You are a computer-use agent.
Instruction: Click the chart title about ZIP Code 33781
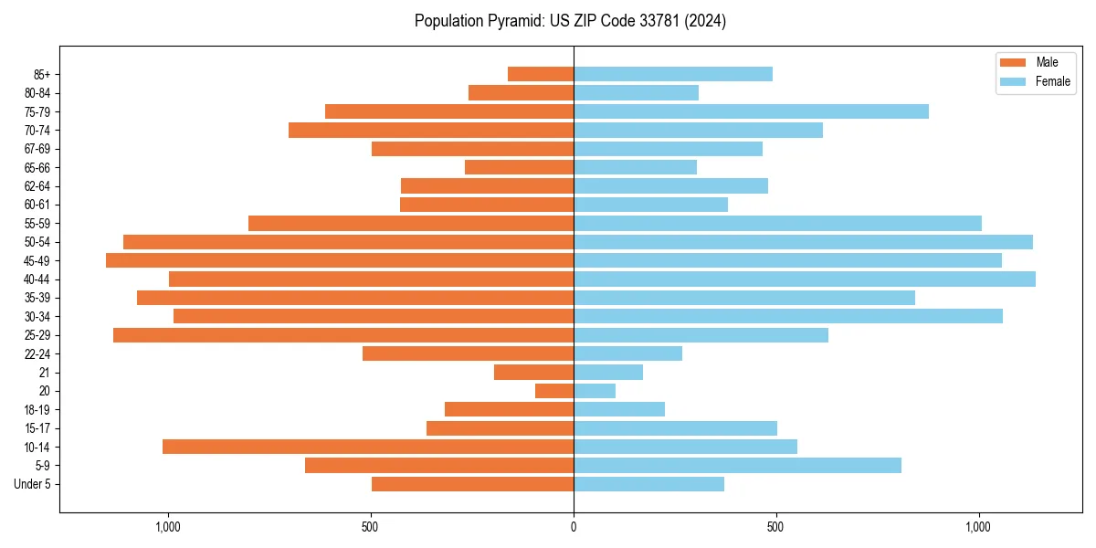570,21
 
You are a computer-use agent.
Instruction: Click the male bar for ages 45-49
340,260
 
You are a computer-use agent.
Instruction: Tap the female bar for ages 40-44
804,279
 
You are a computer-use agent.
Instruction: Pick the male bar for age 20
554,391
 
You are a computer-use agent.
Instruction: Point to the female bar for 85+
673,74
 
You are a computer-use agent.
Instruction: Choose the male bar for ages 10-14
368,447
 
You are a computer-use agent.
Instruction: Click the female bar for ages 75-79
751,111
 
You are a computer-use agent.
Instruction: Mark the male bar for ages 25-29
343,335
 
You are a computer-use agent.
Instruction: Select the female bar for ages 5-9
737,466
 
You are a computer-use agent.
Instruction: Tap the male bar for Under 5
472,484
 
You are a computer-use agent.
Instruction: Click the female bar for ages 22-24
627,353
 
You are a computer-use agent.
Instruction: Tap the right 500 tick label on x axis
775,526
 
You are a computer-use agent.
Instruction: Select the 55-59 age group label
37,224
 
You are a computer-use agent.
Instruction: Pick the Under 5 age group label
32,484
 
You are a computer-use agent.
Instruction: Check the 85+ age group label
42,74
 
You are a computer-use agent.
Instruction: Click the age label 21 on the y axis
45,373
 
